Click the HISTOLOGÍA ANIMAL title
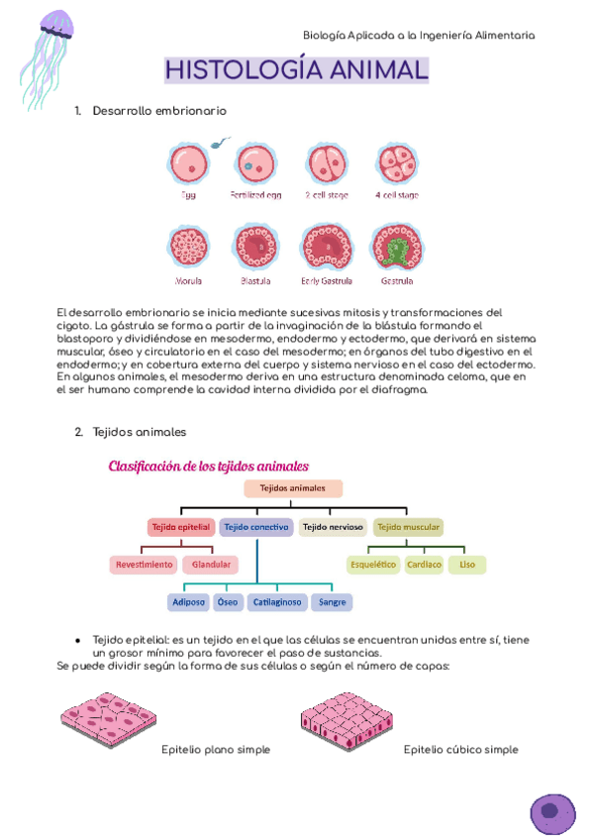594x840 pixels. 296,70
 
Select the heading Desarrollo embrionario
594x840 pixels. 158,111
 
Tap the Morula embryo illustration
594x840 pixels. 188,247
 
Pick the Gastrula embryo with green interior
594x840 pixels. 396,247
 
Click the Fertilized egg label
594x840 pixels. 255,195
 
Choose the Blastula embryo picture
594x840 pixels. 255,247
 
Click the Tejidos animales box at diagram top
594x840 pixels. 292,488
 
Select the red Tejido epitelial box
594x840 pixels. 181,527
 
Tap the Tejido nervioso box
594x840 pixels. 333,527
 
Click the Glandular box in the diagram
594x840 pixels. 211,565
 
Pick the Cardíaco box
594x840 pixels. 424,565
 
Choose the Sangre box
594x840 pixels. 332,601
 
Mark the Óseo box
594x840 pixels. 228,601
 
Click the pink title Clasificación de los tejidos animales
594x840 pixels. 208,466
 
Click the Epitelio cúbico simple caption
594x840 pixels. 460,750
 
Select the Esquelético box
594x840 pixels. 373,565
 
